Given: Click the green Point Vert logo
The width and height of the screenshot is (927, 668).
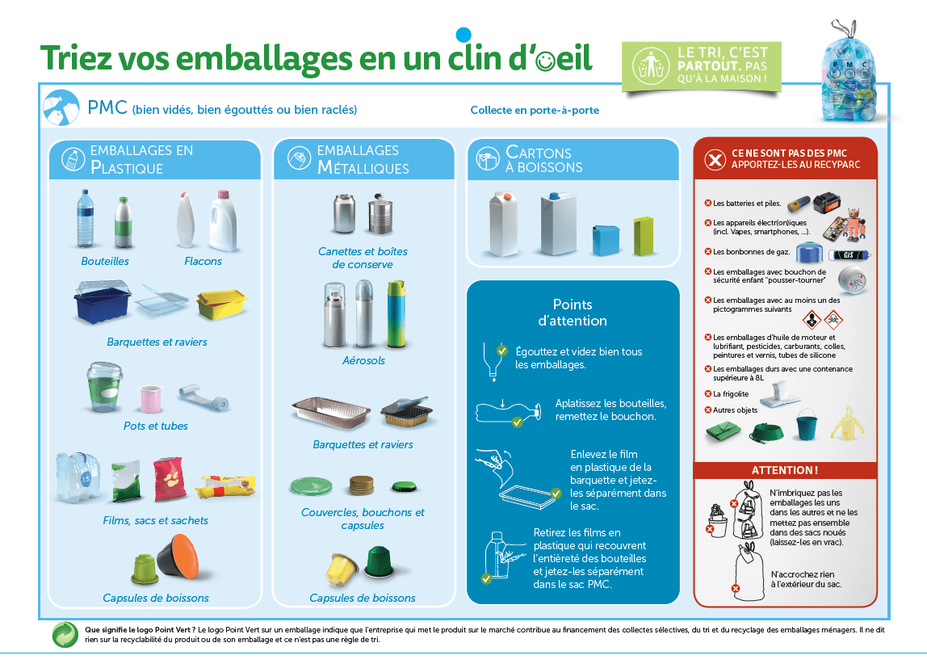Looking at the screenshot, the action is (65, 634).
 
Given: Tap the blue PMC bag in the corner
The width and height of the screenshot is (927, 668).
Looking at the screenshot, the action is (849, 73).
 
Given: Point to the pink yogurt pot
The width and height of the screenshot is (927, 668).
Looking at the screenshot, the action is (150, 398).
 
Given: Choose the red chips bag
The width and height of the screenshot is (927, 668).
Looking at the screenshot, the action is (169, 478).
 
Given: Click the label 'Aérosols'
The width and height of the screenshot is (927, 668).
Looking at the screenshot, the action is (363, 360).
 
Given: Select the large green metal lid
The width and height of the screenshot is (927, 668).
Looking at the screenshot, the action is (311, 486).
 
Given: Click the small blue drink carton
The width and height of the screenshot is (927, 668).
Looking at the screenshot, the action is (606, 239).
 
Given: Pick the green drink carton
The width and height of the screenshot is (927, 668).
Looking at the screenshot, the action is (644, 236).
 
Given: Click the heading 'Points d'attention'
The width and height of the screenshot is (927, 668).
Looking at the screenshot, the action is (573, 313).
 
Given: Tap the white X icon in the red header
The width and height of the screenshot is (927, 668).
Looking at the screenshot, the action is (715, 159).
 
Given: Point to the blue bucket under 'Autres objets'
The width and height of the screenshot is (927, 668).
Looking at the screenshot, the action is (807, 424).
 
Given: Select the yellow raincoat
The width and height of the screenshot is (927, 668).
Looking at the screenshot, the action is (849, 423).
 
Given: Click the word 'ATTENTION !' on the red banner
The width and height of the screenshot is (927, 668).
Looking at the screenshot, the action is (785, 471).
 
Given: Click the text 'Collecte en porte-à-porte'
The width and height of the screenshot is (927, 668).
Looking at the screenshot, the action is (535, 110).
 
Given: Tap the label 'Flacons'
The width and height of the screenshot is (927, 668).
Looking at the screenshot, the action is (203, 261).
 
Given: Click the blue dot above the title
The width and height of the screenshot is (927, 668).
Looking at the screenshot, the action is (464, 34).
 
